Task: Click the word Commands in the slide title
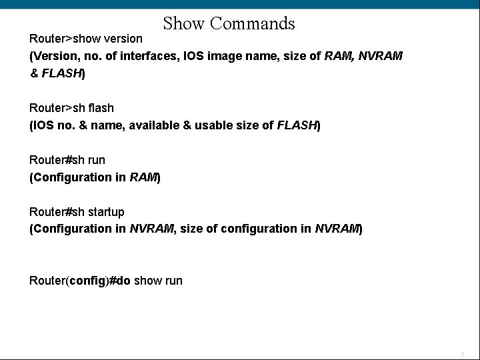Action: pyautogui.click(x=252, y=24)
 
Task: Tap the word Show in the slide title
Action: pyautogui.click(x=185, y=24)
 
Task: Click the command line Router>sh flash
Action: pyautogui.click(x=71, y=108)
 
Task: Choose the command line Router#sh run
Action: pyautogui.click(x=67, y=160)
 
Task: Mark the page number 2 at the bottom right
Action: pyautogui.click(x=462, y=355)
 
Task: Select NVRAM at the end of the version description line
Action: pyautogui.click(x=380, y=56)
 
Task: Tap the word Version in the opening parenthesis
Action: pyautogui.click(x=53, y=56)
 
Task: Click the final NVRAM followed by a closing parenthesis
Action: pyautogui.click(x=337, y=229)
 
